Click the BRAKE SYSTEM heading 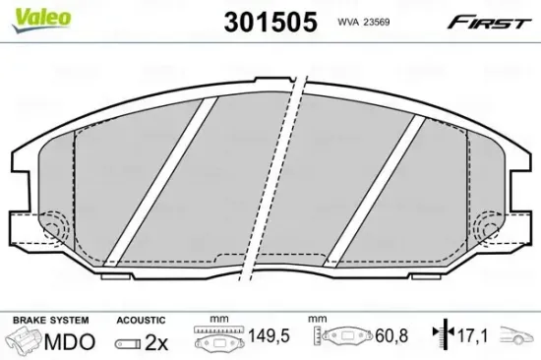click(49, 320)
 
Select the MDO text click(72, 342)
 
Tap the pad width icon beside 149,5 click(217, 339)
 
